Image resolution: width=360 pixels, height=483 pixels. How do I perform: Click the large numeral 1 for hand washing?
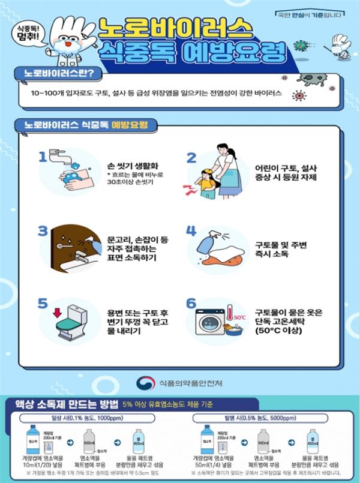[x=43, y=157]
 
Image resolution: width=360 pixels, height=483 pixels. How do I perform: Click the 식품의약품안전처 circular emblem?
[x=145, y=382]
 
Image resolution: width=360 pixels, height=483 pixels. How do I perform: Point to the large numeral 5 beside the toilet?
[x=43, y=302]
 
